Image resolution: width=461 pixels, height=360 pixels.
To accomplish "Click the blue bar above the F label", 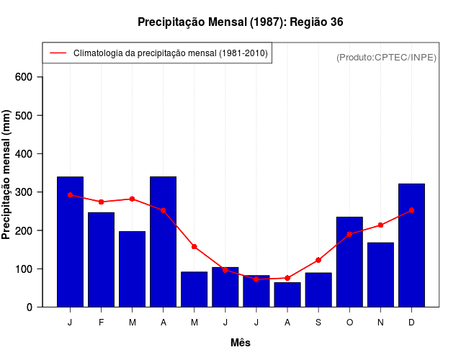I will pos(101,259).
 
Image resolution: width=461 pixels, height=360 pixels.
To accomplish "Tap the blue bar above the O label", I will pos(349,261).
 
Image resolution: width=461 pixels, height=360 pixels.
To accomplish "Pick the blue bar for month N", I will pos(380,274).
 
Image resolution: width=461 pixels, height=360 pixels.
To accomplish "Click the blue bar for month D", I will pos(411,245).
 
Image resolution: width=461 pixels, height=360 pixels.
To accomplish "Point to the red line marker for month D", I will pos(411,210).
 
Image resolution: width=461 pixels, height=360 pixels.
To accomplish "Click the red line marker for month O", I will pos(349,234).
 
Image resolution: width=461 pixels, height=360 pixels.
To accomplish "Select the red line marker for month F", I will pos(101,202).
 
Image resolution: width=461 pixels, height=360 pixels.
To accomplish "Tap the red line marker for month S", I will pos(318,260).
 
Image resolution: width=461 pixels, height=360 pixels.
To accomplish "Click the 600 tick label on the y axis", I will pos(33,77).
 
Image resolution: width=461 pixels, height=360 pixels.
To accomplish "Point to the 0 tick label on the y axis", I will pos(39,307).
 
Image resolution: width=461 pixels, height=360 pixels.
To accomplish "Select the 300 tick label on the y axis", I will pos(33,192).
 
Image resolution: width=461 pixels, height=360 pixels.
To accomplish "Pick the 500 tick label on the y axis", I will pos(33,115).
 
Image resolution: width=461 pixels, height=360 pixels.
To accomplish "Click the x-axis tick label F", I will pos(101,323).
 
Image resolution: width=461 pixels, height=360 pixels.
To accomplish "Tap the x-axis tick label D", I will pos(411,323).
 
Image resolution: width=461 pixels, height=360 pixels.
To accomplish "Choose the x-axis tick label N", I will pos(380,323).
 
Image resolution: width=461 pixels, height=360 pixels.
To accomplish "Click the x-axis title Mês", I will pos(241,343).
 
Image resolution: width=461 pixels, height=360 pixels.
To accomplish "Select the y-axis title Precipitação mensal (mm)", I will pos(6,175).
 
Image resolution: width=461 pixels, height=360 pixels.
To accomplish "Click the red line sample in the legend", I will pos(58,53).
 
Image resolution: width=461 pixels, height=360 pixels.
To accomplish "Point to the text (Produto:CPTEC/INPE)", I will pos(386,57).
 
